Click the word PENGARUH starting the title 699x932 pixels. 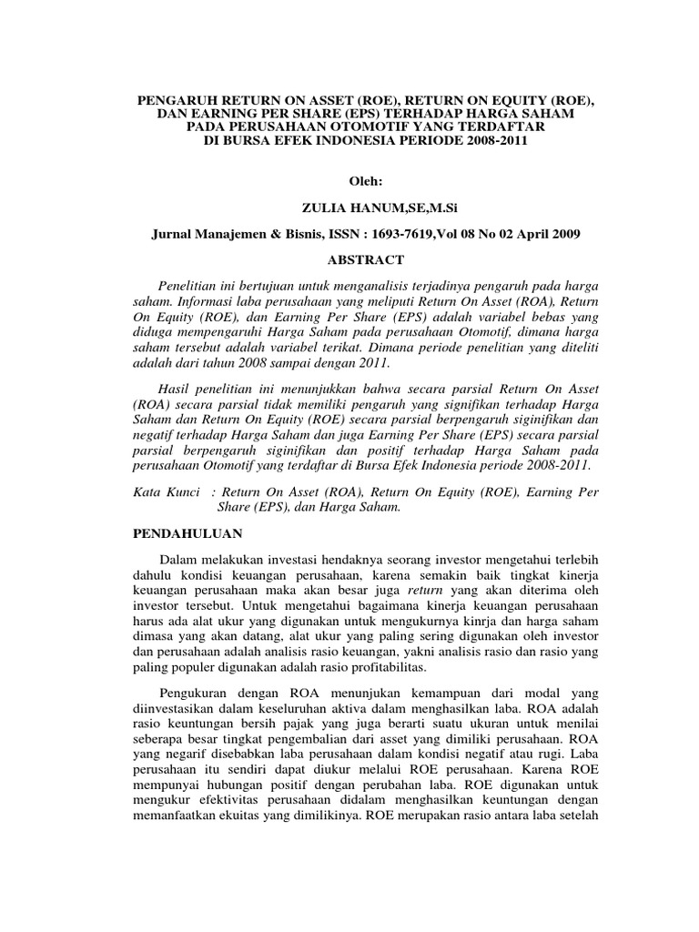click(x=171, y=96)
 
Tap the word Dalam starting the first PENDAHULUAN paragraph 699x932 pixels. click(x=178, y=557)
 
